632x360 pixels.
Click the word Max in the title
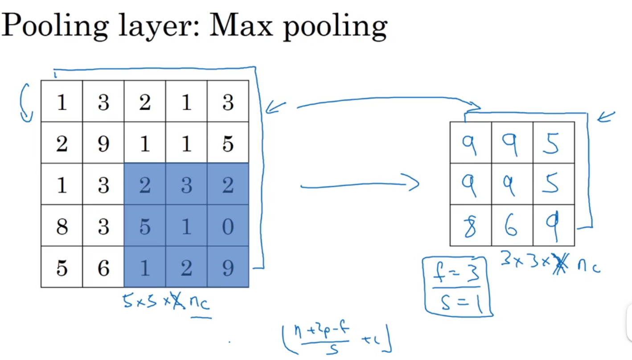241,26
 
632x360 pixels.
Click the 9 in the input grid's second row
103,143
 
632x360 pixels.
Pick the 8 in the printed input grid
62,226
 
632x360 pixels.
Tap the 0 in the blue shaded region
228,226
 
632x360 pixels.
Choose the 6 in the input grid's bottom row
103,268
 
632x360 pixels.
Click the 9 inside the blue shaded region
228,268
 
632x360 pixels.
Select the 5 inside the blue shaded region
145,226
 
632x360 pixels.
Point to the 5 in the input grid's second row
228,143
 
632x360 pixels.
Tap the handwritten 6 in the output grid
512,226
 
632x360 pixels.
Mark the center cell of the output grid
512,184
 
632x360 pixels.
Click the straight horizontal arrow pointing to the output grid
359,184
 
